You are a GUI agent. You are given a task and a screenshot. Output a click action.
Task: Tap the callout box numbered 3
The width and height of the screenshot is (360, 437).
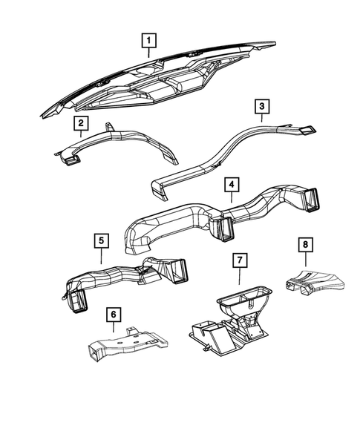click(x=261, y=108)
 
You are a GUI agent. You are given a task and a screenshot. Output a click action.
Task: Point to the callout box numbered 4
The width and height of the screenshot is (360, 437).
click(x=232, y=183)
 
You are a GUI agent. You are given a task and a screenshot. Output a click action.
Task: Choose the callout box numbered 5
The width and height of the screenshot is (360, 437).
click(x=101, y=240)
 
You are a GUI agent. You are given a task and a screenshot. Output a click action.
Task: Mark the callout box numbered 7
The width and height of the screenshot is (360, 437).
click(x=239, y=261)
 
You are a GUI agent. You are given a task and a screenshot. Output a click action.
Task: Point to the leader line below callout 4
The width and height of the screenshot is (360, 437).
click(x=232, y=197)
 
